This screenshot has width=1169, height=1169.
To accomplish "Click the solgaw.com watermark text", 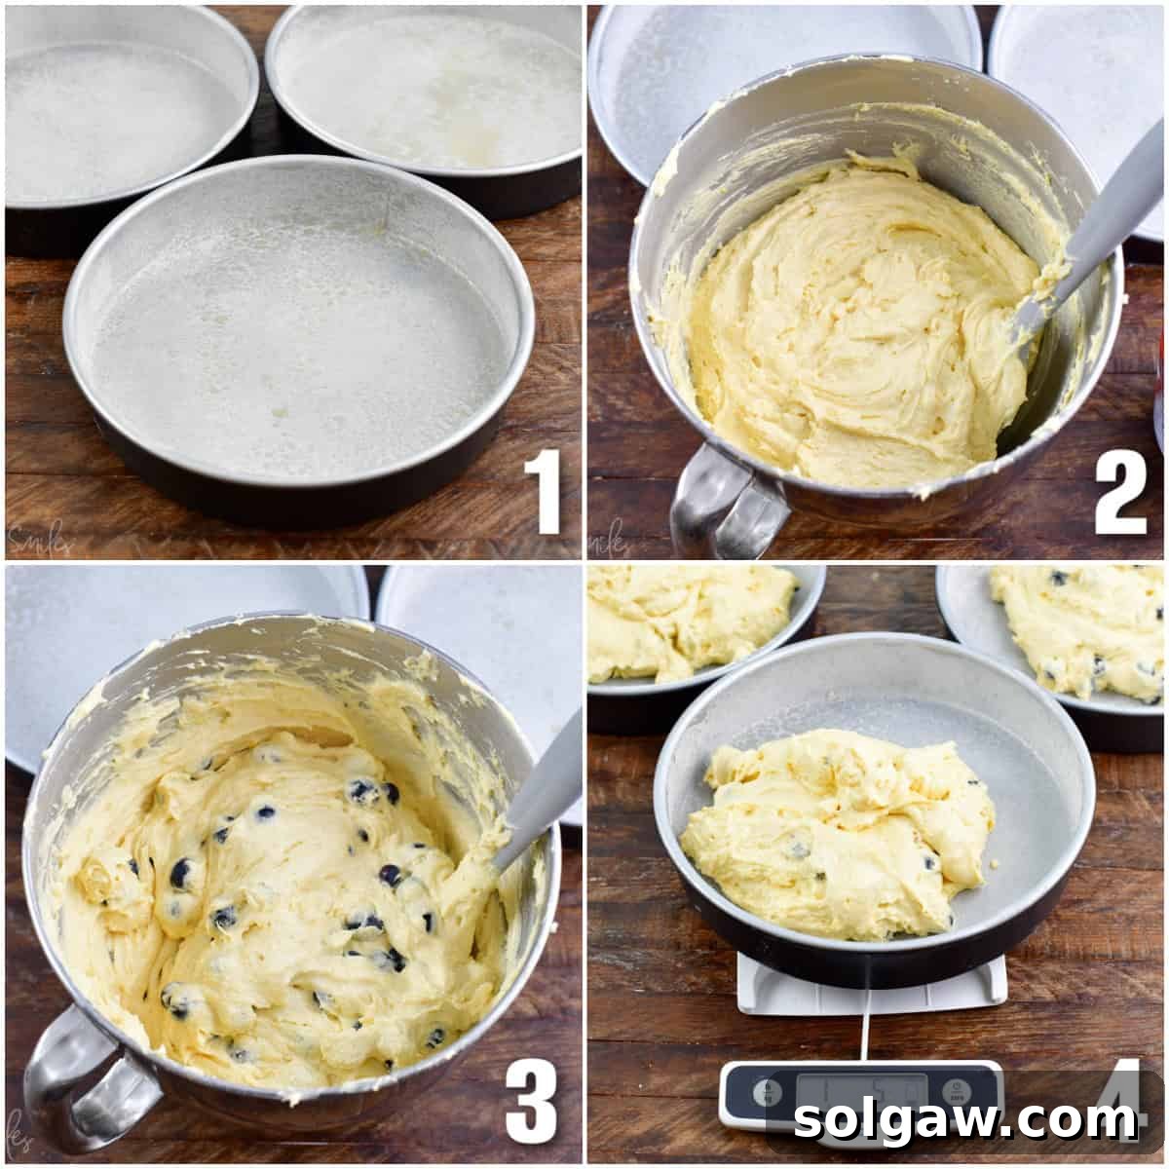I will pyautogui.click(x=964, y=1120).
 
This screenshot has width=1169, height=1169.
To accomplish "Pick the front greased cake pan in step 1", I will pyautogui.click(x=297, y=341).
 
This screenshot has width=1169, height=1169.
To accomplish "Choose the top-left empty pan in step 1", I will pyautogui.click(x=117, y=107).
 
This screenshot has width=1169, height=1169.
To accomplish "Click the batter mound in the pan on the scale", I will pyautogui.click(x=838, y=828).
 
